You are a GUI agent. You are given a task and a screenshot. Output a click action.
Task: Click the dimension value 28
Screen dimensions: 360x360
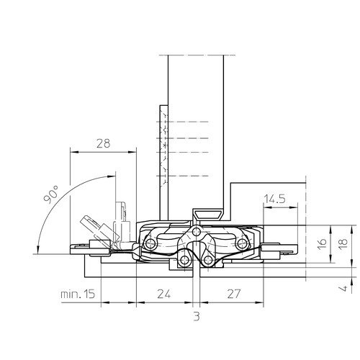coord(103,143)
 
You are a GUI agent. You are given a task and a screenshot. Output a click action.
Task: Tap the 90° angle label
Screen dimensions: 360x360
coord(51,194)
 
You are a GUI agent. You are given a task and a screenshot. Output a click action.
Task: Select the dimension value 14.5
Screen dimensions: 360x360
coord(274,199)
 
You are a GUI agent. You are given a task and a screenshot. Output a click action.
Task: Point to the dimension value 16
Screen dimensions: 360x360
coord(323,244)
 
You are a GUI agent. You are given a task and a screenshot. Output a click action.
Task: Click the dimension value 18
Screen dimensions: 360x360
coord(343,244)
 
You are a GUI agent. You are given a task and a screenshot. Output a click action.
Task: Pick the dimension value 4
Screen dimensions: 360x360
coord(344,288)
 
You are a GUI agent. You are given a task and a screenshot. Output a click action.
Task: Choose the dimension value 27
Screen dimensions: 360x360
coord(233,294)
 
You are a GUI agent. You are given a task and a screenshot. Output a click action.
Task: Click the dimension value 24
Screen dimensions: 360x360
coord(164,294)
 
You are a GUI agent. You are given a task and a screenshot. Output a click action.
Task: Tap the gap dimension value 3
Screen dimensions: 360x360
coord(197,317)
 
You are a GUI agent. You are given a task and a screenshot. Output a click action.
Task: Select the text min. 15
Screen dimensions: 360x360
coord(78,294)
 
